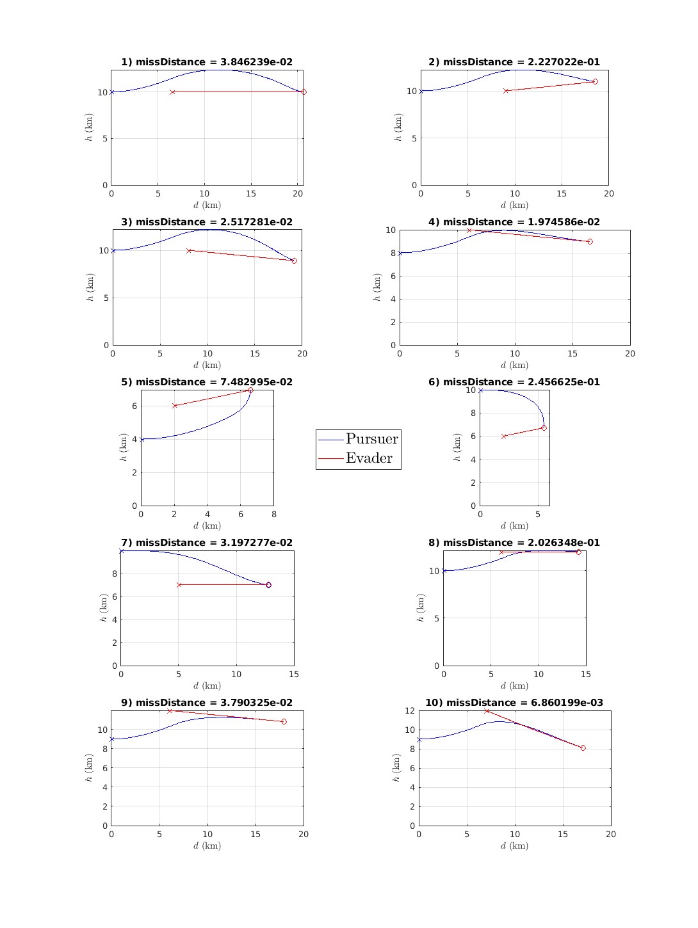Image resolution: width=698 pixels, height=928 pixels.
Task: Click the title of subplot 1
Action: [x=207, y=62]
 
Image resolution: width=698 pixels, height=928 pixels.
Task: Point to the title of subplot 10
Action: [x=514, y=703]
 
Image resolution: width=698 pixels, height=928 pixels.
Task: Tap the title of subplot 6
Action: [x=514, y=382]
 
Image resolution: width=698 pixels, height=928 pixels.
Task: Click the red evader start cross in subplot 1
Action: [x=172, y=92]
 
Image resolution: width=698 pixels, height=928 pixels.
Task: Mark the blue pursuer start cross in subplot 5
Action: [x=142, y=440]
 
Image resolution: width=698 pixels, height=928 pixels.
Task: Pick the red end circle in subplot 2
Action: [x=595, y=82]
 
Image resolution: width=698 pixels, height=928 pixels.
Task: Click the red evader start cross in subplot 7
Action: [x=179, y=585]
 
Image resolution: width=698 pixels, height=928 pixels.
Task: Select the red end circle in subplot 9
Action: [x=284, y=721]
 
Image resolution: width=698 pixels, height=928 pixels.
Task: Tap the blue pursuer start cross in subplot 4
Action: [x=400, y=253]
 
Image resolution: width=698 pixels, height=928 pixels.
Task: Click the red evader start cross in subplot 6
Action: [x=504, y=436]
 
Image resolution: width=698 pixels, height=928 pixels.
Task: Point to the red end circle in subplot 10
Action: [x=583, y=748]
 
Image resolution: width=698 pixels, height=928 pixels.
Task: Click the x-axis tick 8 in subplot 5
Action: [x=274, y=514]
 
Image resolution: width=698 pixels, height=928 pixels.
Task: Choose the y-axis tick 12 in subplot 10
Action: [x=410, y=711]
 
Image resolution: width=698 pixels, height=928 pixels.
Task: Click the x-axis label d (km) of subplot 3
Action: [x=207, y=365]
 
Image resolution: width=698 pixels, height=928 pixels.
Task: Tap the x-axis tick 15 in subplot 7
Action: [x=294, y=674]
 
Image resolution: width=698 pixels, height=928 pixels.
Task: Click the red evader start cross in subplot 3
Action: [x=189, y=251]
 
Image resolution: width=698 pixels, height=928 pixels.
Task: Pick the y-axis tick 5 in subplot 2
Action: [x=414, y=138]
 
